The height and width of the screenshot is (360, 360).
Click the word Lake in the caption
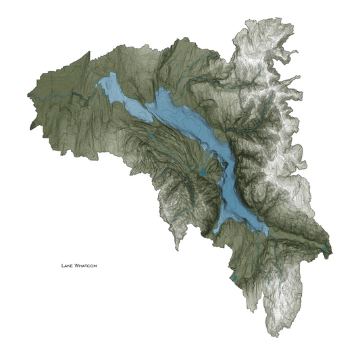pyautogui.click(x=68, y=266)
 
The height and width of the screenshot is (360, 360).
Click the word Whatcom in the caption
pyautogui.click(x=86, y=266)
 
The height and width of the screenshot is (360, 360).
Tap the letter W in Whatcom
pyautogui.click(x=76, y=266)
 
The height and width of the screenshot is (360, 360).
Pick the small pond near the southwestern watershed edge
pyautogui.click(x=234, y=278)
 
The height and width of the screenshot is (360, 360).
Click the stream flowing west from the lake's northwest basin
pyautogui.click(x=81, y=99)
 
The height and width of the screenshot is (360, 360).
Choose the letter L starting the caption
pyautogui.click(x=62, y=266)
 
